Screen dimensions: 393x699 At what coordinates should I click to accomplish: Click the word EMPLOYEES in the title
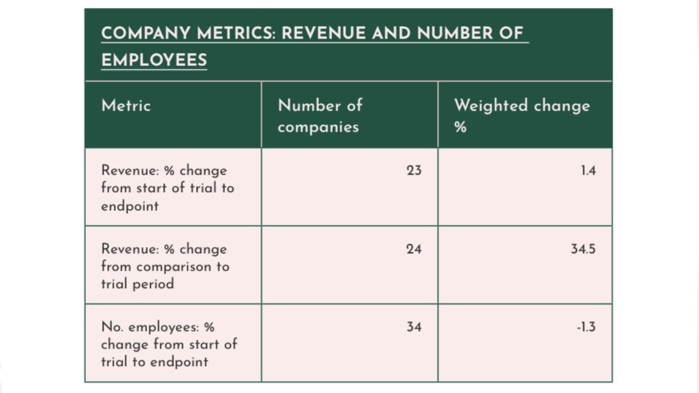[x=154, y=60]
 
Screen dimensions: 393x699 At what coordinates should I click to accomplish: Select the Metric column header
[x=126, y=106]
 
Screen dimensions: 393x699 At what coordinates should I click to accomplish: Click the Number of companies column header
[x=320, y=116]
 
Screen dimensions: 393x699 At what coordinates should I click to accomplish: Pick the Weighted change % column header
[x=521, y=116]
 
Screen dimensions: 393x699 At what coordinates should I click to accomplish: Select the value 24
[x=414, y=249]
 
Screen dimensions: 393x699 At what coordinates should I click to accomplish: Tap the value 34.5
[x=583, y=249]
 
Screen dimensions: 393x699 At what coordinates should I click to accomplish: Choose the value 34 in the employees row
[x=414, y=327]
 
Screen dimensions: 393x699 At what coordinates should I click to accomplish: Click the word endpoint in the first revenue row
[x=131, y=205]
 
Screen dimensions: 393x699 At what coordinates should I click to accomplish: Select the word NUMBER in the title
[x=452, y=33]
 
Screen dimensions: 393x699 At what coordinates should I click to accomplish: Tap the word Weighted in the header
[x=491, y=106]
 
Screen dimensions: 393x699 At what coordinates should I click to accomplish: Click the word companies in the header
[x=318, y=127]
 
